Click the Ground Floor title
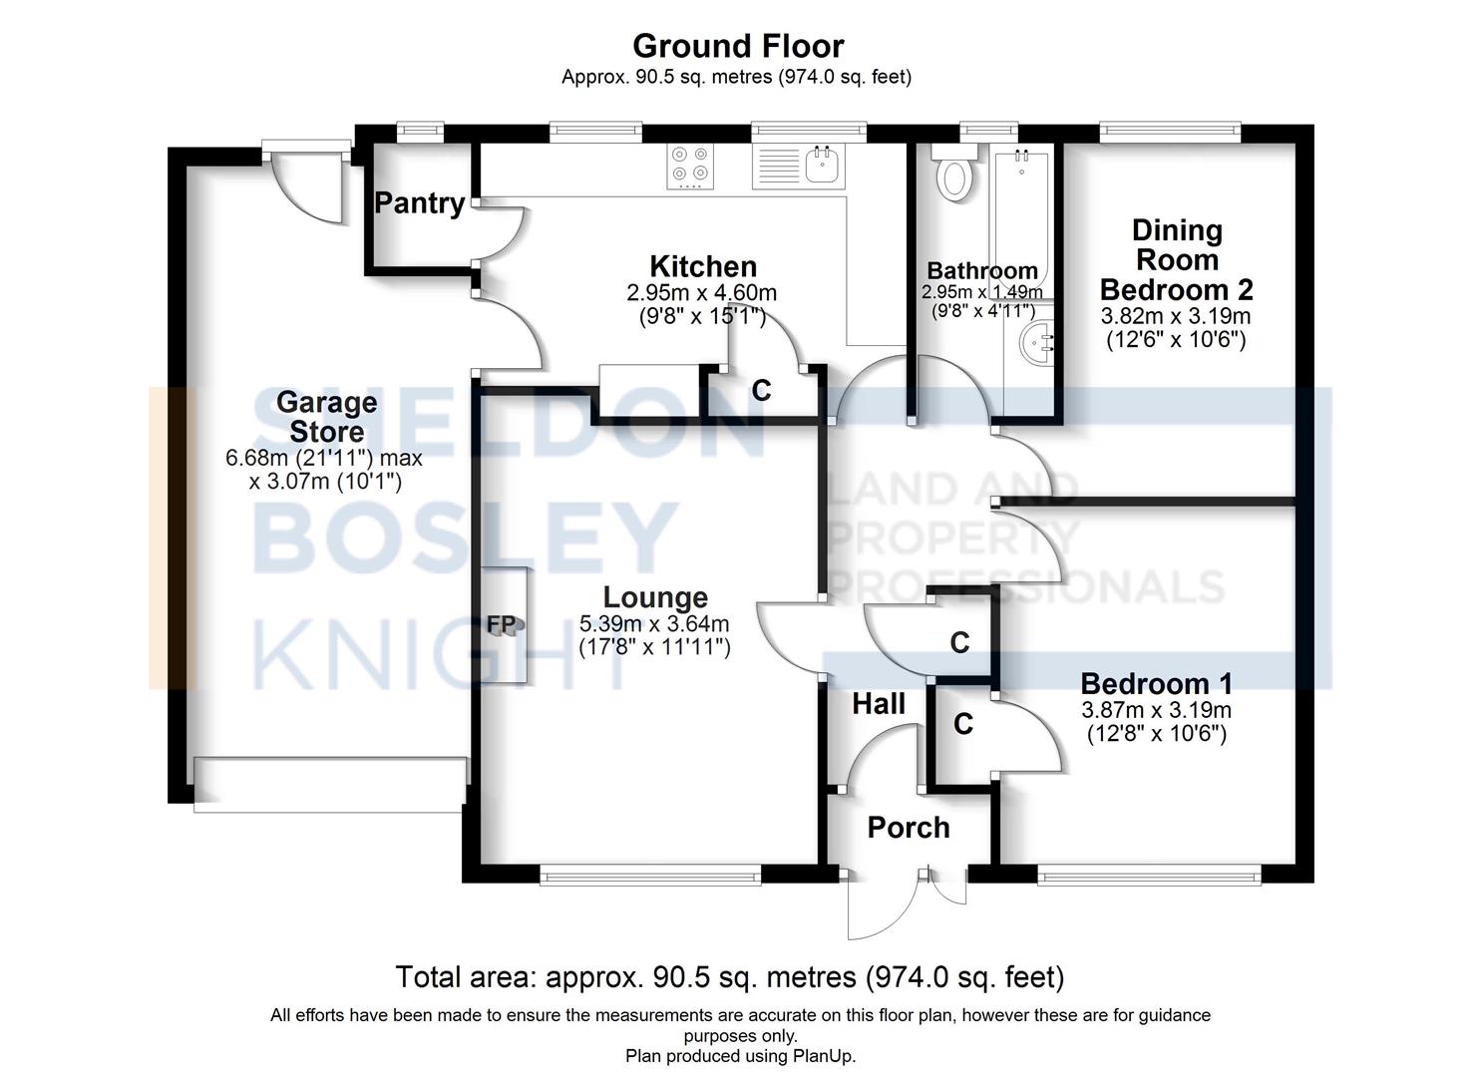pyautogui.click(x=738, y=46)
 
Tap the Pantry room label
pyautogui.click(x=420, y=203)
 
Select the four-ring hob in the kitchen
pyautogui.click(x=689, y=166)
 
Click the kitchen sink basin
pyautogui.click(x=823, y=165)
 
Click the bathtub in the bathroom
pyautogui.click(x=1021, y=208)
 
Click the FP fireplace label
pyautogui.click(x=502, y=624)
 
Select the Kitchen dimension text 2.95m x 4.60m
pyautogui.click(x=701, y=293)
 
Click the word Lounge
pyautogui.click(x=655, y=597)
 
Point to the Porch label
pyautogui.click(x=909, y=828)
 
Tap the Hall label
pyautogui.click(x=879, y=705)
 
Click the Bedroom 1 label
pyautogui.click(x=1156, y=684)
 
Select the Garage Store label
pyautogui.click(x=326, y=417)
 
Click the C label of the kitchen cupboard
pyautogui.click(x=761, y=391)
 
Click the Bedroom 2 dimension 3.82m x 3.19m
pyautogui.click(x=1176, y=317)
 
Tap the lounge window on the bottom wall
pyautogui.click(x=650, y=878)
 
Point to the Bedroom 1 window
pyautogui.click(x=1150, y=878)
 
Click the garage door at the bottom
pyautogui.click(x=330, y=784)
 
